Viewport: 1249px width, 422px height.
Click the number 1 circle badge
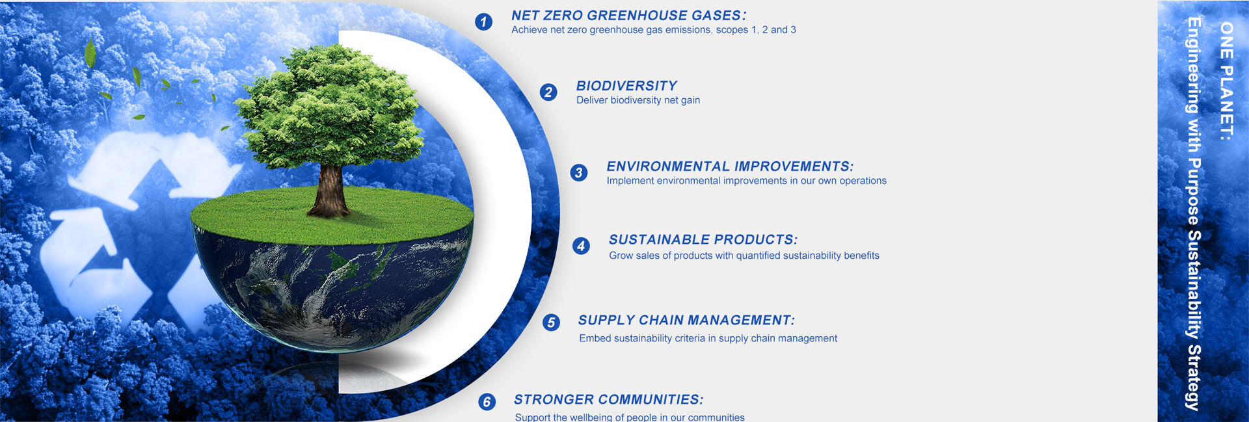483,22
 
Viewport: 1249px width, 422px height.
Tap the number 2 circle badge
548,92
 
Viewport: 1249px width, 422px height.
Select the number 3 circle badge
579,173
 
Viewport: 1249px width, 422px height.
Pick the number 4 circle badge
581,246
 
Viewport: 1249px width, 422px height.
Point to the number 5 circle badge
551,323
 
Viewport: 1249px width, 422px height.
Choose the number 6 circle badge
487,402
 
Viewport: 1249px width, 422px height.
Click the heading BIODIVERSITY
626,86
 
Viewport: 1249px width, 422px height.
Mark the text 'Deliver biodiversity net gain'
638,100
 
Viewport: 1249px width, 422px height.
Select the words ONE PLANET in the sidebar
1226,77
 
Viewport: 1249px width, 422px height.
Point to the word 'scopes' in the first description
732,30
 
